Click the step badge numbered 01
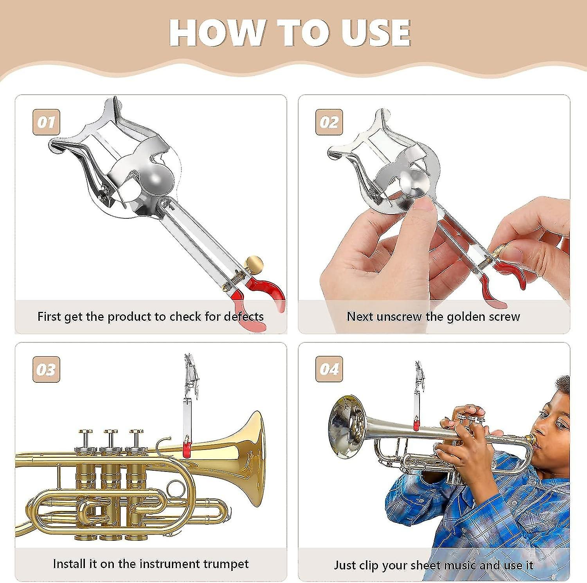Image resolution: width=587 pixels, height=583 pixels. [46, 122]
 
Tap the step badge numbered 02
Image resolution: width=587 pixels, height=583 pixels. [329, 122]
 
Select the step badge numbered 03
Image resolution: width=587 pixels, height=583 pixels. [46, 369]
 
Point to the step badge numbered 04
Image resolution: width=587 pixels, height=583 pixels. [329, 369]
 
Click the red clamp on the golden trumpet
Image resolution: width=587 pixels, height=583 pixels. [187, 449]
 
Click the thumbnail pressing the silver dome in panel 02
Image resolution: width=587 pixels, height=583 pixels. [426, 204]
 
